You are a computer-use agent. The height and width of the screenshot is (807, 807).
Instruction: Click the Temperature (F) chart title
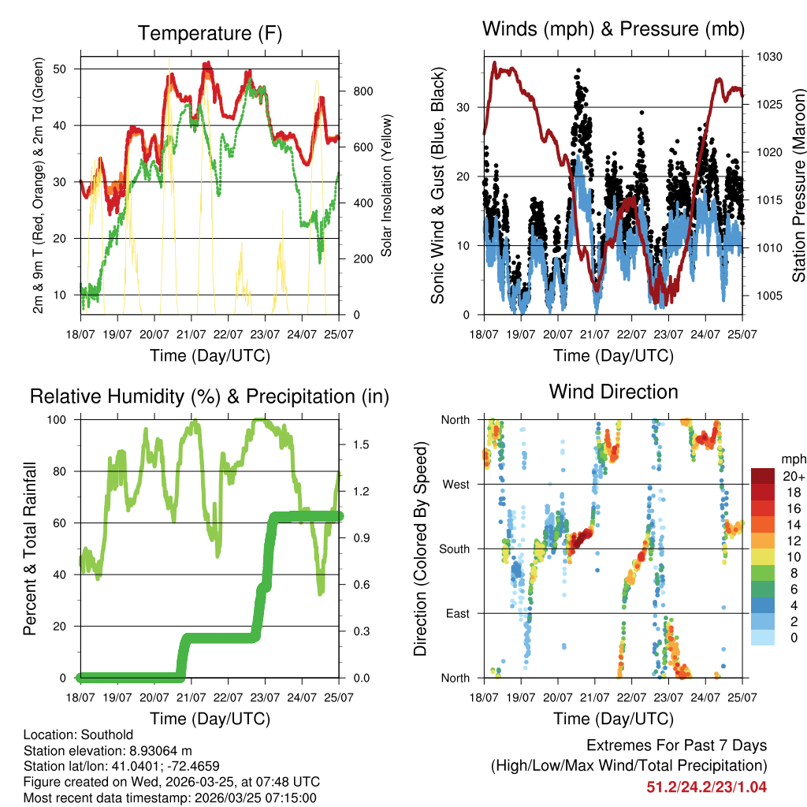pos(209,33)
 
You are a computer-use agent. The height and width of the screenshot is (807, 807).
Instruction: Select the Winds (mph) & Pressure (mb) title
pos(613,30)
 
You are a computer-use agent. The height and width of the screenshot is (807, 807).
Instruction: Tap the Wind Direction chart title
pos(613,392)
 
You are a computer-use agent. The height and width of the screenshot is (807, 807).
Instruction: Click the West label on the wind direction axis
pos(455,484)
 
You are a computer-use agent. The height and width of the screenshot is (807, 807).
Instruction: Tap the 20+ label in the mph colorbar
pos(791,477)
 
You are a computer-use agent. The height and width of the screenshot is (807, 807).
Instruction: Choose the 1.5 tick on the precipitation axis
pos(362,445)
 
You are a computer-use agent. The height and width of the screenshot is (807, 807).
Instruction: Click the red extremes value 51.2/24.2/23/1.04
pos(706,787)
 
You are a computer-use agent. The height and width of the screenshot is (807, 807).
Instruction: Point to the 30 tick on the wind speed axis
pos(463,107)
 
